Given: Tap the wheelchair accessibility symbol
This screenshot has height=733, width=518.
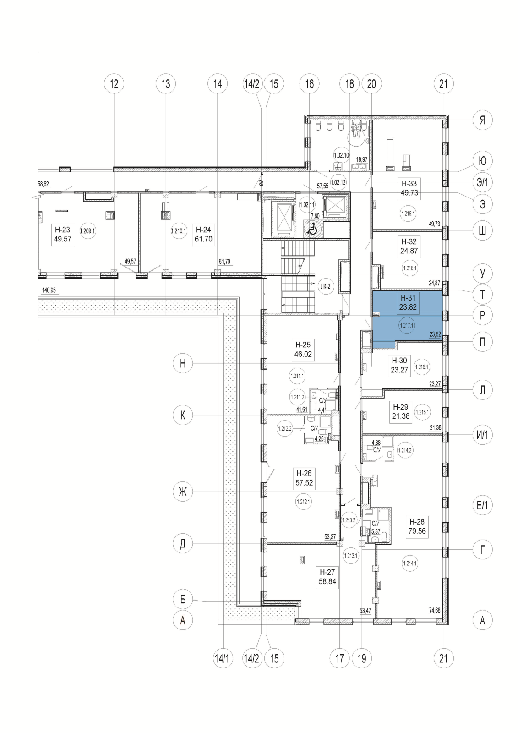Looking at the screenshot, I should (312, 228).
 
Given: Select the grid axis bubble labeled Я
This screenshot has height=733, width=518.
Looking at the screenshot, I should (482, 120).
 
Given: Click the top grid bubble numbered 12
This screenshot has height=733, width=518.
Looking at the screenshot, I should (114, 84).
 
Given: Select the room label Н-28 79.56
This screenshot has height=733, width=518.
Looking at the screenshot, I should (417, 526).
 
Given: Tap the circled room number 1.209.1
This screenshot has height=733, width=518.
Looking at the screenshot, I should (87, 231).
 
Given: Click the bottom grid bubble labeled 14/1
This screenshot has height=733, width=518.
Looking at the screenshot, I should (223, 659).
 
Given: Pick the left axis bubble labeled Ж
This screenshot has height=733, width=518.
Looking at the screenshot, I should (183, 492).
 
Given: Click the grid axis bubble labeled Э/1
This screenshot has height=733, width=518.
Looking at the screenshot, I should (482, 183).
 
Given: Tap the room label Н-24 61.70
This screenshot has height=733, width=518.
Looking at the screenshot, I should (204, 234).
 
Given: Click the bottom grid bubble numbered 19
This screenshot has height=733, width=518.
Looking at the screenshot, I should (362, 659).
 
